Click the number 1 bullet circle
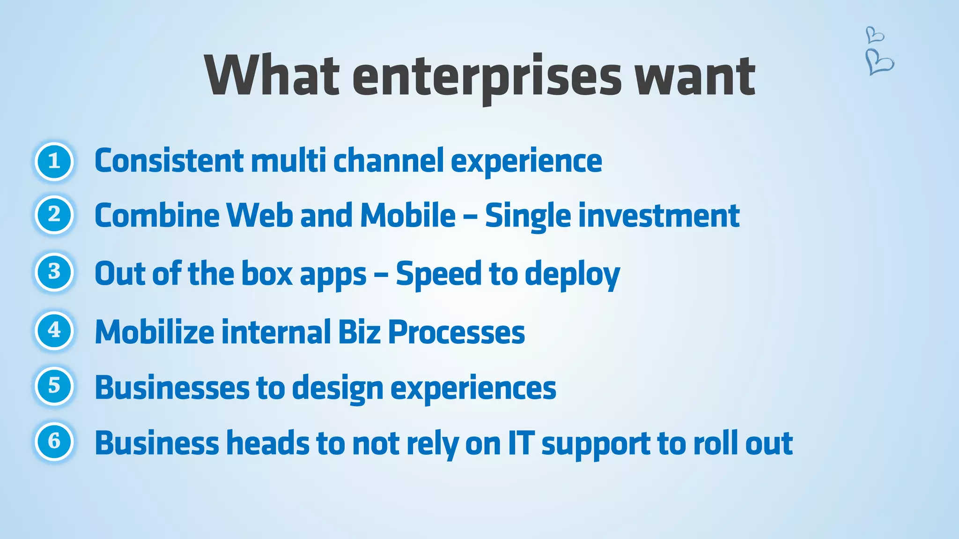[54, 161]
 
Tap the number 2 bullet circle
[54, 215]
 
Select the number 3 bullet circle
[54, 272]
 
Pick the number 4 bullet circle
[54, 330]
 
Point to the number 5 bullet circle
[54, 386]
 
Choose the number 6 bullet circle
[54, 441]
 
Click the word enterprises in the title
[487, 76]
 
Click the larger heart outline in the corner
[879, 62]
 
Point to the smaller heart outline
[874, 35]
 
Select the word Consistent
[169, 160]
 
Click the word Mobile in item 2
[407, 215]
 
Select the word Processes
[457, 332]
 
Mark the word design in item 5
[338, 388]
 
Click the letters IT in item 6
[521, 443]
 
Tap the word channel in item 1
[388, 160]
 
